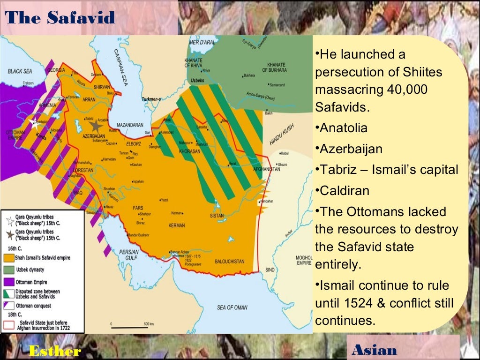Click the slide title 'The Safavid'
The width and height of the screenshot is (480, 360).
[61, 17]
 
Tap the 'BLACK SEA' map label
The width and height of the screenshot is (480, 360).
[20, 72]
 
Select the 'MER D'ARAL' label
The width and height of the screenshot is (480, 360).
[202, 43]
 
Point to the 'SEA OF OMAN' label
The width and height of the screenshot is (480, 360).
[232, 307]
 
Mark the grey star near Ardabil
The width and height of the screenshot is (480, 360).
[96, 126]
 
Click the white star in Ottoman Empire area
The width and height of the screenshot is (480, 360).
[33, 124]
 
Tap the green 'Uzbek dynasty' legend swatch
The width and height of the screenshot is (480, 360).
[9, 270]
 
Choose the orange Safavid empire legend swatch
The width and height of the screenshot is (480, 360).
[9, 258]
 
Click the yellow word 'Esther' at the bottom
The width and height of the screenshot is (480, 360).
[55, 351]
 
